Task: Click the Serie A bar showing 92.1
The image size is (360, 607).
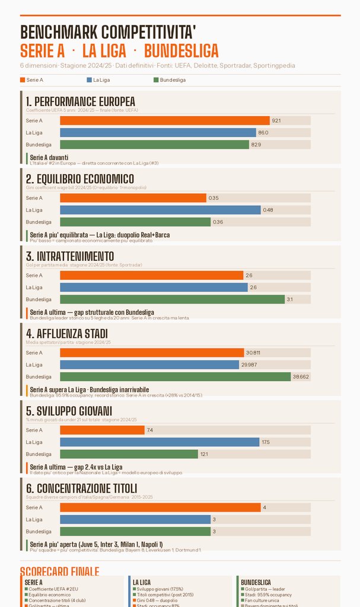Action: tap(164, 121)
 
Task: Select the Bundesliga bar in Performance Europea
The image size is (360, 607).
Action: tap(154, 145)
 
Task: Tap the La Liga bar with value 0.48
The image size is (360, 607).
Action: tap(160, 210)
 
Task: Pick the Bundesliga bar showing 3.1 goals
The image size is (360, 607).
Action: tap(172, 299)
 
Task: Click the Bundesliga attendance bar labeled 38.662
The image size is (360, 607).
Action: tap(175, 376)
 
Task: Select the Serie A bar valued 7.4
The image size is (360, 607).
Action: tap(102, 430)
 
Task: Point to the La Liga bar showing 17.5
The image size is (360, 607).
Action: tap(160, 442)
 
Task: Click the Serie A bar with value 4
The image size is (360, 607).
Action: tap(160, 507)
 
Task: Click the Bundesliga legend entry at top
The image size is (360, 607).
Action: tap(169, 80)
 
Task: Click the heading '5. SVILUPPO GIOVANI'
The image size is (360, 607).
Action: tap(69, 411)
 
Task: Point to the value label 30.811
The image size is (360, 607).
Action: tap(253, 353)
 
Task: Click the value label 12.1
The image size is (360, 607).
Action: tap(204, 454)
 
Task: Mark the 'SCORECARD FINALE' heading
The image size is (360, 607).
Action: tap(59, 571)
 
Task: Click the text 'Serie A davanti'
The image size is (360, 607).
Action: tap(49, 157)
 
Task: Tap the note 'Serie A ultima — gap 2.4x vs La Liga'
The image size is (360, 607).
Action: tap(76, 467)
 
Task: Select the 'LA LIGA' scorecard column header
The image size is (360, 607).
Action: tap(142, 583)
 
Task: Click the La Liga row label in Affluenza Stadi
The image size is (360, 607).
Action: tap(34, 365)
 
